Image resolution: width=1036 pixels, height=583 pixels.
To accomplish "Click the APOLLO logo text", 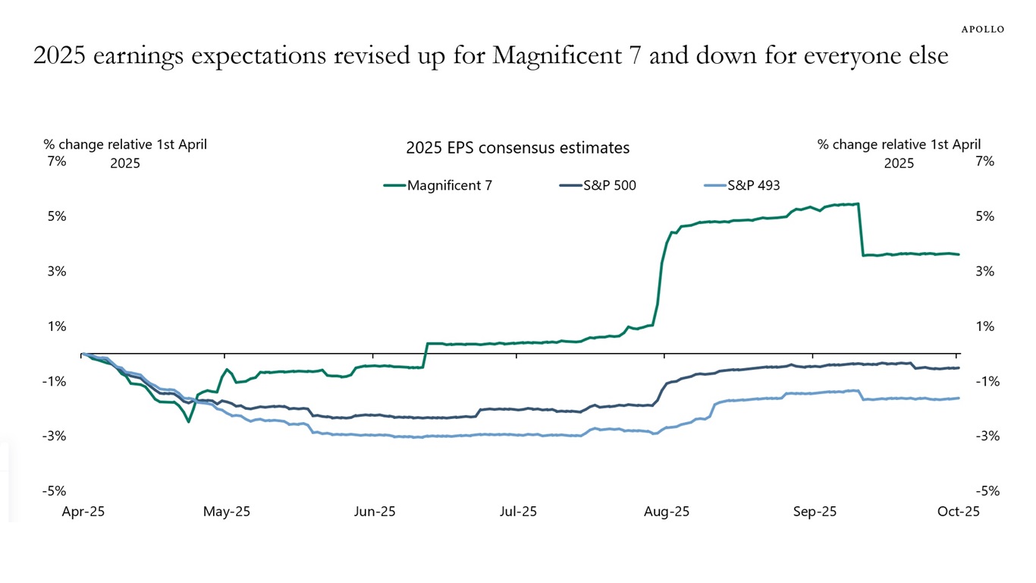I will [983, 29].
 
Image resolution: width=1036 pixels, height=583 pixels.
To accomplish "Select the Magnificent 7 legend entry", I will [450, 184].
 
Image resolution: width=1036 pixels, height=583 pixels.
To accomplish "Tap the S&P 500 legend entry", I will [609, 184].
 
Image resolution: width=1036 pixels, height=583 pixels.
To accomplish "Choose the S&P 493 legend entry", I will [753, 184].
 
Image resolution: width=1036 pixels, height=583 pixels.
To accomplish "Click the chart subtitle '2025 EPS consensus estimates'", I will [517, 148].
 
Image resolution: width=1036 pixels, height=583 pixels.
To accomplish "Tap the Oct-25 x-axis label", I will [958, 512].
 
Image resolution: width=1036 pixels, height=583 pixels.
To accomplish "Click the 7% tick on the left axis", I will [58, 161].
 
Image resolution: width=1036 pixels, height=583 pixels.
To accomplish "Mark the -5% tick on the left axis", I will [55, 490].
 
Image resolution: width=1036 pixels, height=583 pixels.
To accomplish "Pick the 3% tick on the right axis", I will [984, 271].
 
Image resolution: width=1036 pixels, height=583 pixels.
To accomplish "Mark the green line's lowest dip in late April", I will [188, 421].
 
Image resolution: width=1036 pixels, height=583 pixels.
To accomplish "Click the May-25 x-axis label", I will [225, 512].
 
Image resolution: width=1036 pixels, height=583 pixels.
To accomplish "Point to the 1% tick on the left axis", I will [58, 326].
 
